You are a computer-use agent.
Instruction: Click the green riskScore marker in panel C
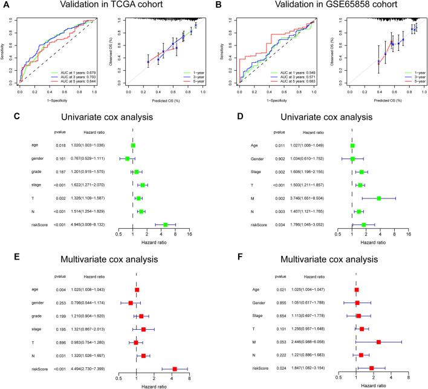pyautogui.click(x=165, y=224)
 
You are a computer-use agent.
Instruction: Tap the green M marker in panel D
pyautogui.click(x=379, y=198)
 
